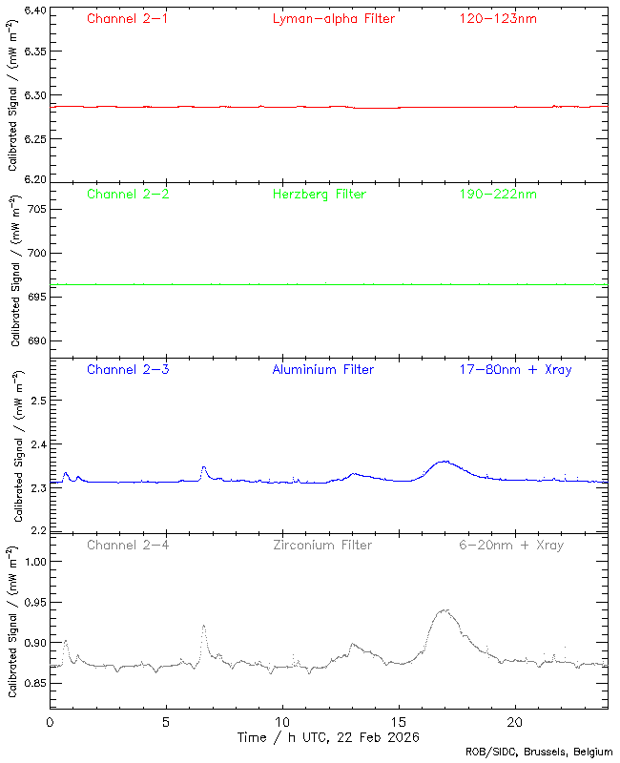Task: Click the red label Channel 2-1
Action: [128, 19]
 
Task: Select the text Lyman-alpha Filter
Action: [333, 19]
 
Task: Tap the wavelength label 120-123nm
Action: [497, 19]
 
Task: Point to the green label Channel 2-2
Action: [128, 195]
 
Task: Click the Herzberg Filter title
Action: [319, 195]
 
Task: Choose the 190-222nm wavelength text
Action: [497, 195]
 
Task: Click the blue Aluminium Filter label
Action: [323, 370]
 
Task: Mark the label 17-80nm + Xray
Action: [515, 370]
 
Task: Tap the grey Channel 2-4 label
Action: [128, 546]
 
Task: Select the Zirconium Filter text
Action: [322, 546]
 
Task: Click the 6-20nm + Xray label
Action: [510, 546]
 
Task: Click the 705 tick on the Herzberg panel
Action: [38, 209]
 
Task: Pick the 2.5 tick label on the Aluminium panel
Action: [39, 401]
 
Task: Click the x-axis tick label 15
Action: [399, 723]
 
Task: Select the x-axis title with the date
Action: [328, 737]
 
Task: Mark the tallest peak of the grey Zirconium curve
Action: [444, 610]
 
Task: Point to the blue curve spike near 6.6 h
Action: [203, 467]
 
